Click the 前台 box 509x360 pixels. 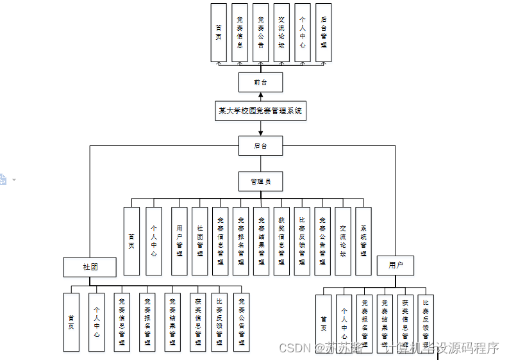click(260, 83)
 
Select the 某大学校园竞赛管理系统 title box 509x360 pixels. click(260, 111)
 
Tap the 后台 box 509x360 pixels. click(260, 146)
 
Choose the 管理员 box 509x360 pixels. click(260, 182)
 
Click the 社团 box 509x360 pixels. click(90, 266)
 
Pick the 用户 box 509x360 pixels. click(396, 265)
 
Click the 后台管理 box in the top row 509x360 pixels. click(324, 33)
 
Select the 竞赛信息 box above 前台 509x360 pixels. click(239, 33)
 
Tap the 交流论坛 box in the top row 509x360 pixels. click(281, 33)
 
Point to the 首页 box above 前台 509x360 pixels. click(219, 33)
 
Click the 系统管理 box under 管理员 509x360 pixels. click(363, 241)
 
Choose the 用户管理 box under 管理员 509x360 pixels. click(179, 241)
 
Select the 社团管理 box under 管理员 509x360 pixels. click(199, 241)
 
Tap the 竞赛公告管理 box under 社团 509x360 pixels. click(241, 322)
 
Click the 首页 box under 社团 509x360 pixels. click(71, 322)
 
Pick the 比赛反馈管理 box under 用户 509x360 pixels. click(426, 323)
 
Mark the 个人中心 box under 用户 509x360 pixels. click(344, 323)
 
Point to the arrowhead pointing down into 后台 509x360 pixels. click(260, 133)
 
